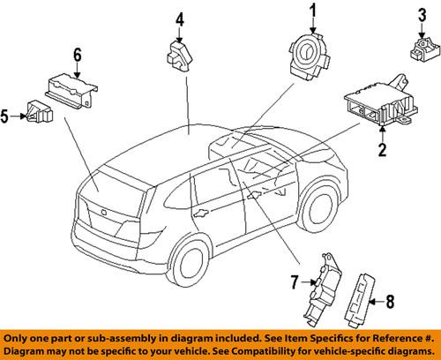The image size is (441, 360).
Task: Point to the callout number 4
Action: tap(179, 18)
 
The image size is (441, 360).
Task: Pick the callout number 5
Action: tap(8, 114)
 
